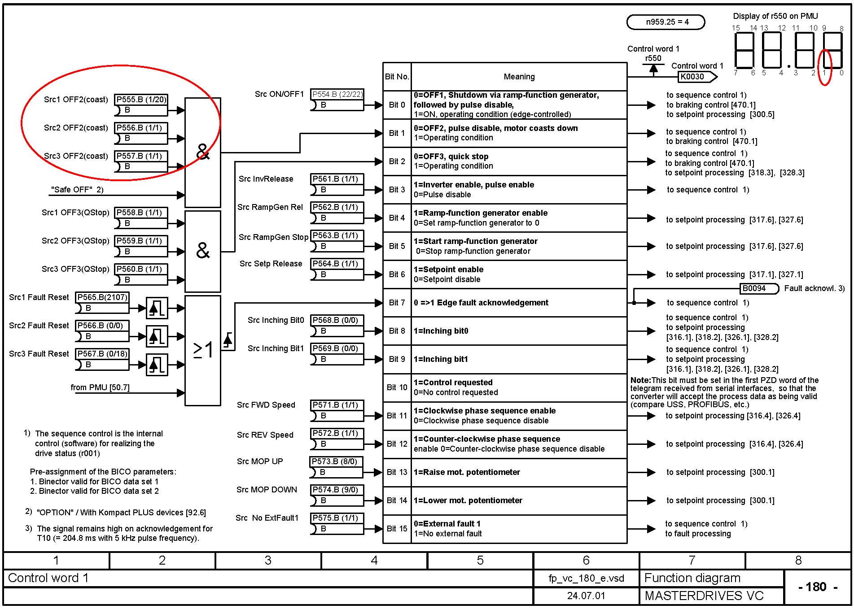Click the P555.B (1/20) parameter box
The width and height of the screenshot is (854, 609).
click(141, 100)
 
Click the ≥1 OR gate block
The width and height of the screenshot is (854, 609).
click(203, 350)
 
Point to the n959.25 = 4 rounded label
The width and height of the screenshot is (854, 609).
click(666, 22)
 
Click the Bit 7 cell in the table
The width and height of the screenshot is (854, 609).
click(397, 303)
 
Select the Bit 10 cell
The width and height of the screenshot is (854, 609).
click(397, 387)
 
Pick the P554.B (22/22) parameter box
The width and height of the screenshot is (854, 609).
click(337, 94)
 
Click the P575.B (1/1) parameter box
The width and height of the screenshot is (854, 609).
click(337, 518)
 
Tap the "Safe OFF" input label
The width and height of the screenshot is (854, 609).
click(77, 190)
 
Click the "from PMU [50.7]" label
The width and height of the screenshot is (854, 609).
click(100, 387)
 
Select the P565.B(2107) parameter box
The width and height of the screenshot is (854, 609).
click(102, 297)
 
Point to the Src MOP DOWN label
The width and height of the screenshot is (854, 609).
click(267, 490)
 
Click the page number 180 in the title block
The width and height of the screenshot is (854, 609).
click(816, 587)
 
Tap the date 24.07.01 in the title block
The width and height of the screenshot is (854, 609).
click(586, 596)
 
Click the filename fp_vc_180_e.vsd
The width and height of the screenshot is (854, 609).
click(586, 578)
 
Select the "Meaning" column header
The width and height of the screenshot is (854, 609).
click(519, 77)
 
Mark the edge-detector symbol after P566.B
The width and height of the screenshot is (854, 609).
click(157, 336)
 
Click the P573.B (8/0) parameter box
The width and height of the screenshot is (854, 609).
click(336, 461)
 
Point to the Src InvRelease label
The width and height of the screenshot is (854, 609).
click(266, 179)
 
